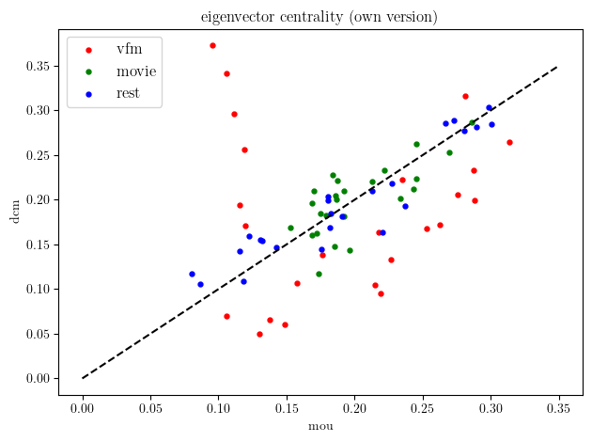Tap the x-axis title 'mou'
(x=320, y=427)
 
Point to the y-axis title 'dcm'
(x=14, y=213)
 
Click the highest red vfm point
(x=212, y=45)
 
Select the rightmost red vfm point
(x=509, y=142)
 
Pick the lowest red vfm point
(x=259, y=334)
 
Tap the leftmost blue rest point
(x=192, y=274)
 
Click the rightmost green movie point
(x=473, y=122)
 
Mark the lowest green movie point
(x=319, y=274)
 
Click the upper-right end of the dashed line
(x=558, y=67)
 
